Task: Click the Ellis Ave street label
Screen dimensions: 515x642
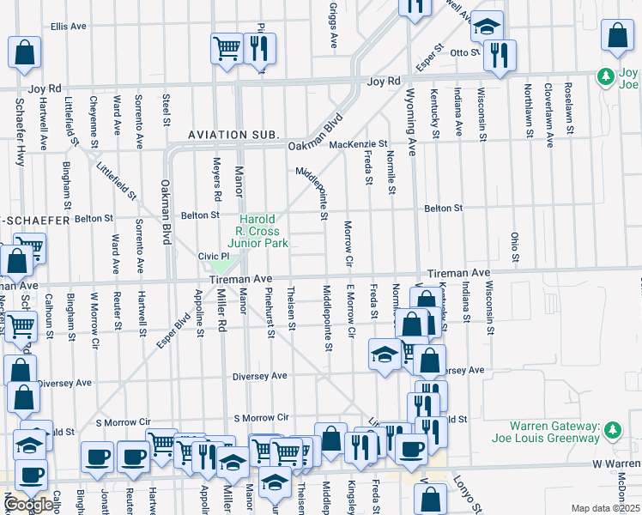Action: (69, 27)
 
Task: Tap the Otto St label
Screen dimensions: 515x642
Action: (465, 52)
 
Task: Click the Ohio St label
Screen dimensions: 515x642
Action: (515, 245)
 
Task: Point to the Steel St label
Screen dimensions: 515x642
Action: (167, 109)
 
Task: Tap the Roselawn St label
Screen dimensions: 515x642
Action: (568, 109)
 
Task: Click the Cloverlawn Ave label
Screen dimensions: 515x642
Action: (547, 109)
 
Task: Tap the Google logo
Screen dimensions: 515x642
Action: (28, 505)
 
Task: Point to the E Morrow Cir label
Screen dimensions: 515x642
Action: (350, 306)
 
